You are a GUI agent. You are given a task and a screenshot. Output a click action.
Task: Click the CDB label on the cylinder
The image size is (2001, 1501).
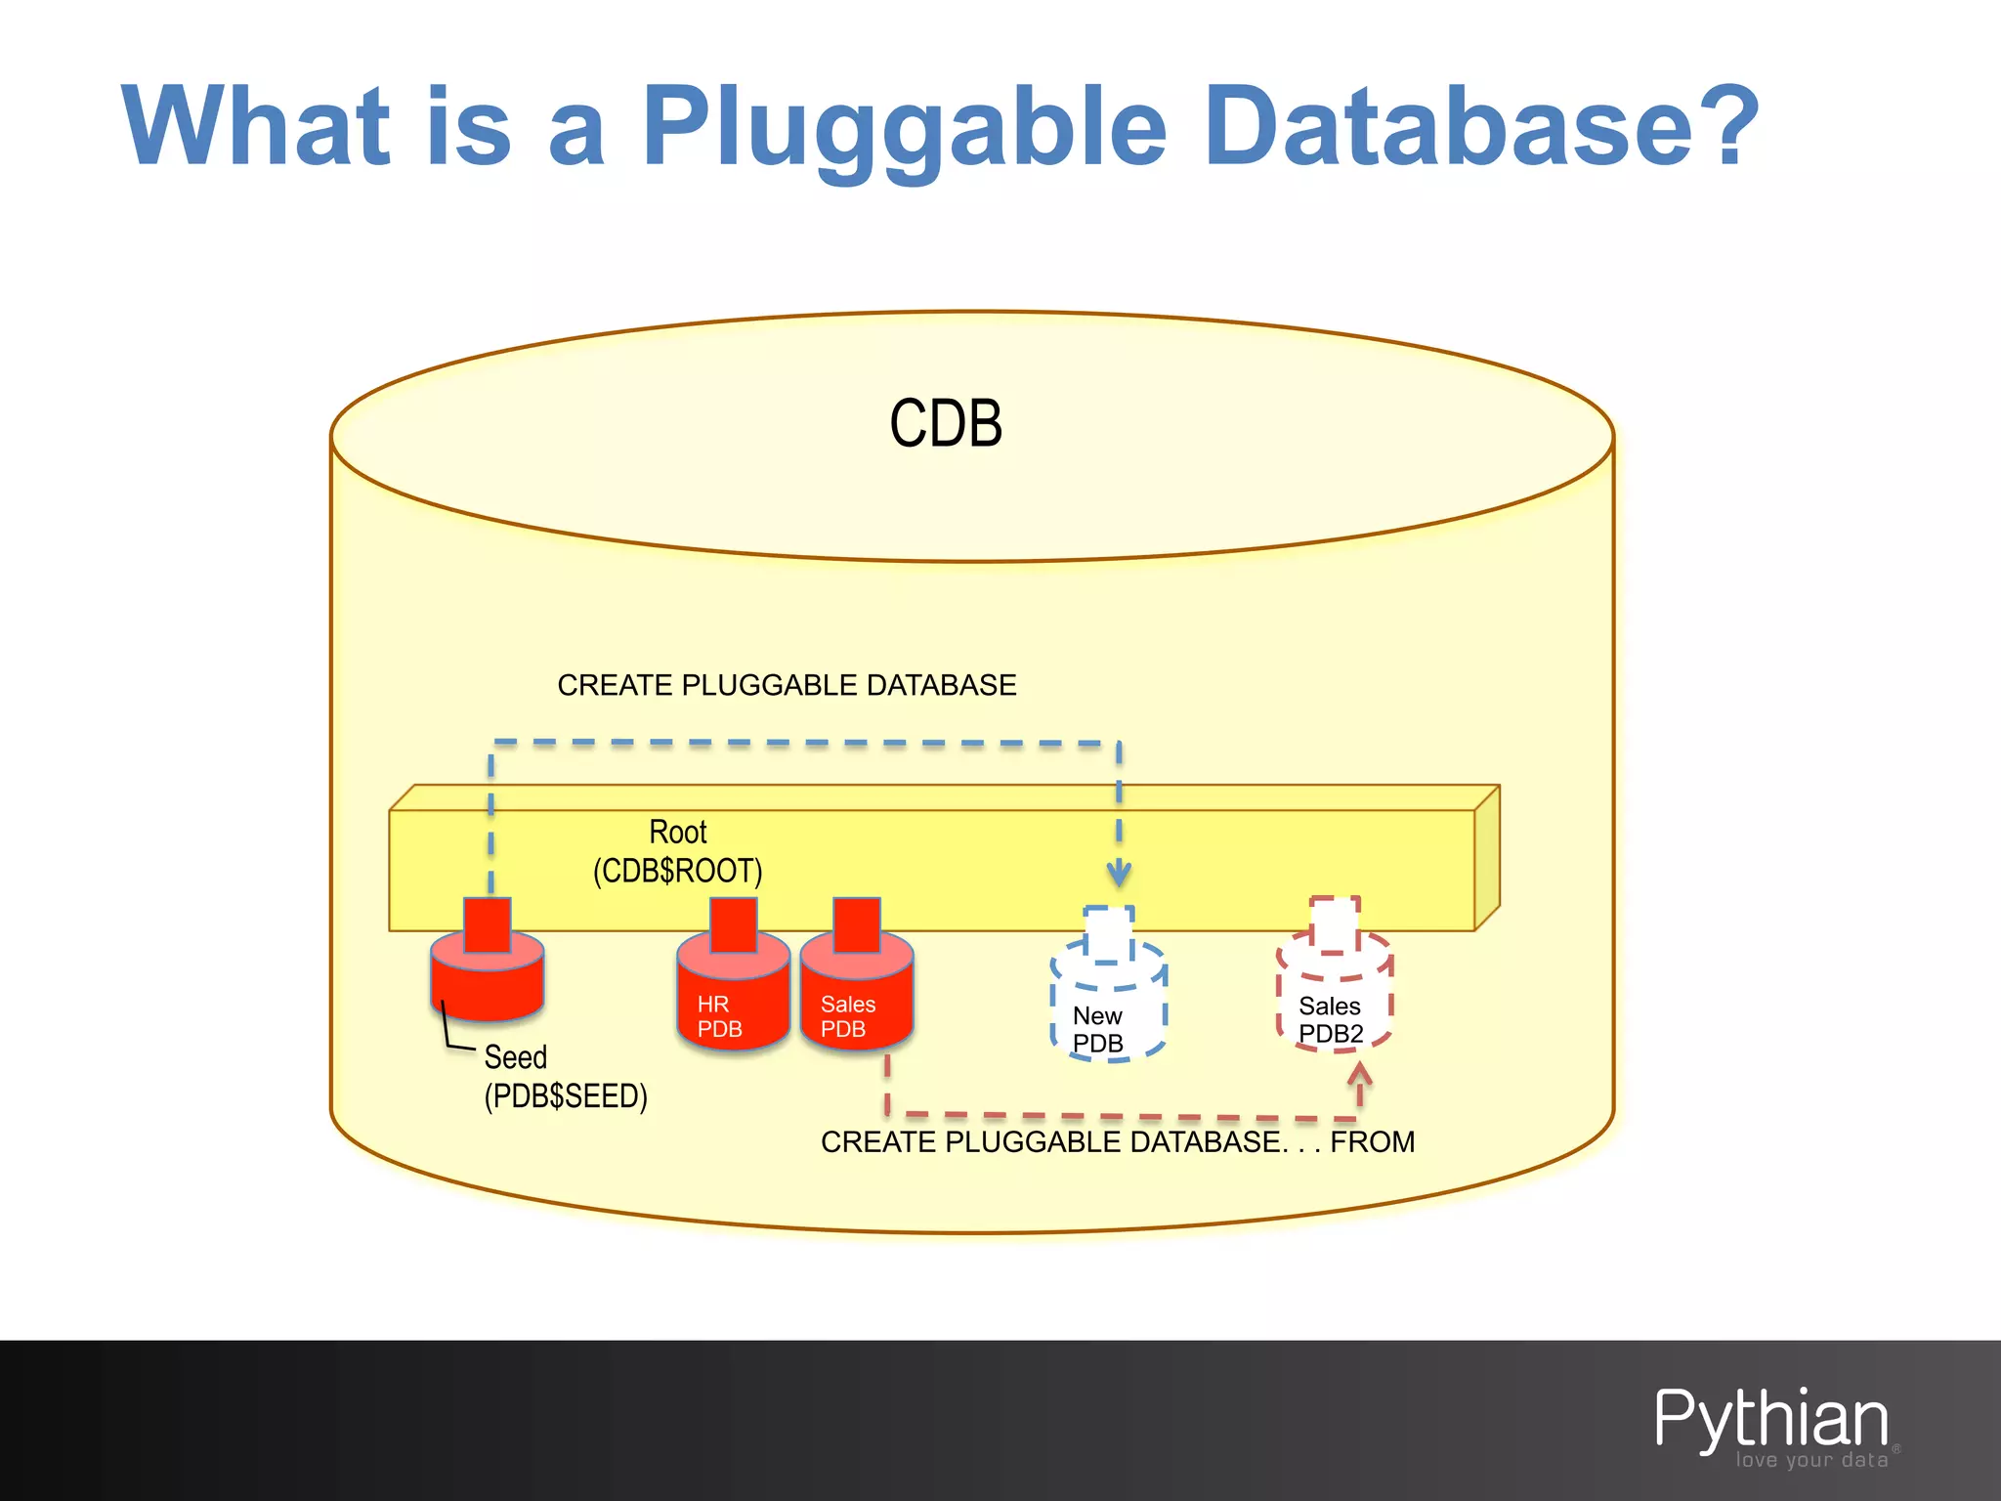click(x=946, y=424)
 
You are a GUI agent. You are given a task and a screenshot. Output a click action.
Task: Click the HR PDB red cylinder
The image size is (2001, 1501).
click(x=732, y=997)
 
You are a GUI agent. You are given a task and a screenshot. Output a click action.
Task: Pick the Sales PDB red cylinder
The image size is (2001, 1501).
click(x=856, y=997)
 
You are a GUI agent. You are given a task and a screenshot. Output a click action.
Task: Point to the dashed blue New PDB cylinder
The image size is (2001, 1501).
click(x=1108, y=1007)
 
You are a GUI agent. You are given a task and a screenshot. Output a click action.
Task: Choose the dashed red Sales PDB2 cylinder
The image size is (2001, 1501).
click(x=1334, y=997)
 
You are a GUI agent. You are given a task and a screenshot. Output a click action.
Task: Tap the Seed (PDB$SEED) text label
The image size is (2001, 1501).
click(x=565, y=1077)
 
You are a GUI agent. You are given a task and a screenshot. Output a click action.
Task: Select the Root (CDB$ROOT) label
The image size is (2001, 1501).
click(x=678, y=852)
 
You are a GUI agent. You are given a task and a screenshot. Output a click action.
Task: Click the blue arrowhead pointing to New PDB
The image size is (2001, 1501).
click(x=1119, y=872)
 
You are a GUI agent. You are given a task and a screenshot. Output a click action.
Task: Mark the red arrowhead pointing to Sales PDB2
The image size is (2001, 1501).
click(x=1359, y=1075)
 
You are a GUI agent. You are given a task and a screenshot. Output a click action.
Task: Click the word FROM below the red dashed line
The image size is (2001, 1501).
click(x=1372, y=1141)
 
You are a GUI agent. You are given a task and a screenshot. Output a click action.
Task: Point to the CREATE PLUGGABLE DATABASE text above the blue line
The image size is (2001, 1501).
click(x=787, y=685)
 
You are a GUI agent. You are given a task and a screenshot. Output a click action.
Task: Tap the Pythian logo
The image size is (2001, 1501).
click(x=1770, y=1419)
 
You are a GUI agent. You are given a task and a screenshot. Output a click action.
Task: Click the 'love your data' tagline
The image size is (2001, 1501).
click(x=1811, y=1460)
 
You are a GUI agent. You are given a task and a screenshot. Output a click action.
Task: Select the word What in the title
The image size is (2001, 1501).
click(x=256, y=127)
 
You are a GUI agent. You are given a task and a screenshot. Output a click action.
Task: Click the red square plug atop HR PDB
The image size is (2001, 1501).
click(x=733, y=923)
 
